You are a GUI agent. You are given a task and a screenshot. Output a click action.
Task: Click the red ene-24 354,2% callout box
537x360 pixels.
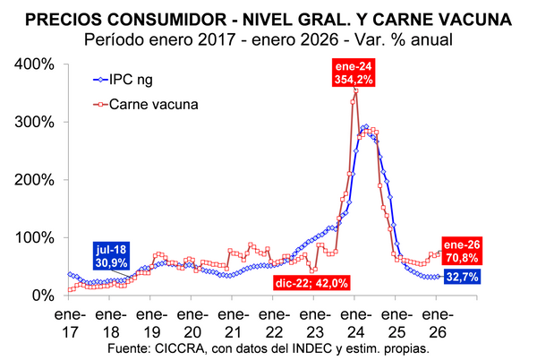tap(354, 73)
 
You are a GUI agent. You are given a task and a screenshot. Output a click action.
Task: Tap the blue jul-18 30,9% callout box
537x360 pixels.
tap(111, 256)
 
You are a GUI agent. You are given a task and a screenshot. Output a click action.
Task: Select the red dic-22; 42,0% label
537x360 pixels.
tap(311, 283)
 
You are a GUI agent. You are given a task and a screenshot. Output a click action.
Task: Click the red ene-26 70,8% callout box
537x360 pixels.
tap(462, 251)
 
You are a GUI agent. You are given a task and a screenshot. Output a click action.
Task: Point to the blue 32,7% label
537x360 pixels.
tap(463, 277)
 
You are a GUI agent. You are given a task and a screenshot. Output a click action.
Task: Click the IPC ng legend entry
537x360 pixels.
tap(123, 80)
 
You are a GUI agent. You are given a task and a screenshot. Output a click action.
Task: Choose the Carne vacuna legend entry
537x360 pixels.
tap(146, 104)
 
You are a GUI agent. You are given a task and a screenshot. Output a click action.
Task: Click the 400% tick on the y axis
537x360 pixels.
tap(34, 64)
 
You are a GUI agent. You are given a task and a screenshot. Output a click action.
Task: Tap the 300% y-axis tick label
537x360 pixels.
tap(34, 122)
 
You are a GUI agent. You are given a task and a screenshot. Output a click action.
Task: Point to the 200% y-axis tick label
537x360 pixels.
tap(34, 180)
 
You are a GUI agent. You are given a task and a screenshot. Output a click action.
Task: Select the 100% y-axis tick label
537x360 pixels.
tap(34, 237)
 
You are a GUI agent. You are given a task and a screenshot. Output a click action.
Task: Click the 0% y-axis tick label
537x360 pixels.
tap(43, 296)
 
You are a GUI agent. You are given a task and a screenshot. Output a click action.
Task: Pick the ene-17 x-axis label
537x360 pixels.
tap(70, 323)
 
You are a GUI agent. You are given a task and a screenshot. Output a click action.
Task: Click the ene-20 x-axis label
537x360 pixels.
tap(192, 323)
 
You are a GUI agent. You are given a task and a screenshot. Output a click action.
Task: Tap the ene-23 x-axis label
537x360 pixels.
tap(315, 323)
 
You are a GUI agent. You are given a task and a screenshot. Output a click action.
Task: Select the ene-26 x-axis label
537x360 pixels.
tap(438, 323)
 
